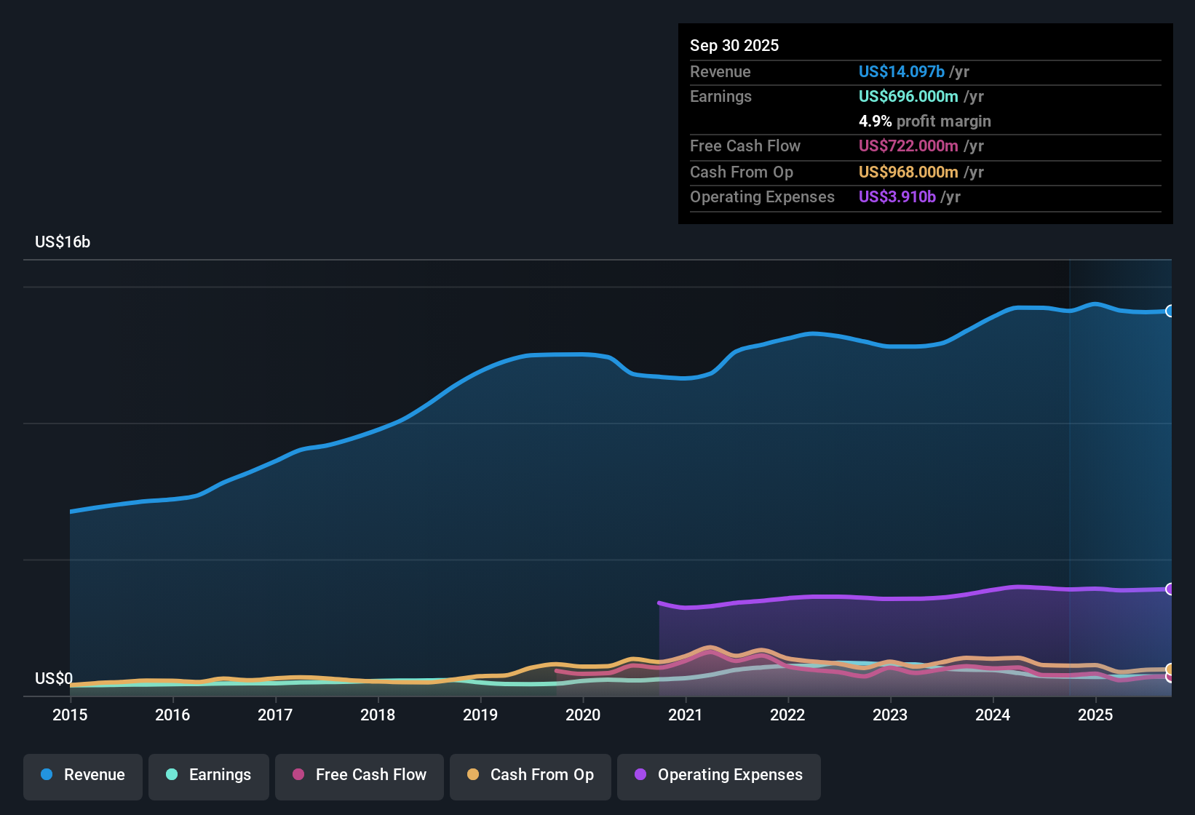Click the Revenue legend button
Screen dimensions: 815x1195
point(83,775)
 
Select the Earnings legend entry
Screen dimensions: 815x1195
point(209,775)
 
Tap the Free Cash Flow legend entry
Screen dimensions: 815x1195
point(360,775)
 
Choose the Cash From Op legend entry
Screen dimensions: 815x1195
point(531,775)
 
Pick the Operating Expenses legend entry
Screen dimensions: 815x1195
point(719,775)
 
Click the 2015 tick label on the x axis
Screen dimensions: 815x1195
point(70,715)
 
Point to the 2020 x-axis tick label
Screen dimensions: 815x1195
point(583,715)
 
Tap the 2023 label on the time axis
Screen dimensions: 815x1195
point(890,715)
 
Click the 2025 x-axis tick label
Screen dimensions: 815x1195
point(1095,715)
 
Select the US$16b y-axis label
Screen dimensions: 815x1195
point(63,242)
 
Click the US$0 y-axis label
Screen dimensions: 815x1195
point(54,679)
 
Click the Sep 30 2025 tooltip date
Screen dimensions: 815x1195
point(734,45)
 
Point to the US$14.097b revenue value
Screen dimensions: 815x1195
point(901,71)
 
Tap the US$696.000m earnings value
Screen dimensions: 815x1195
point(908,96)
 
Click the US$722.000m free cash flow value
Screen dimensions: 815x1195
point(908,146)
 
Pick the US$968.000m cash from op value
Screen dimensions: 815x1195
point(908,172)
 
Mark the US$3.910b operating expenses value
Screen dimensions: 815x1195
point(897,196)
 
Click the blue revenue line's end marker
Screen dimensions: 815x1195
point(1170,311)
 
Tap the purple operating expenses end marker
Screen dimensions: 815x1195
point(1170,589)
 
